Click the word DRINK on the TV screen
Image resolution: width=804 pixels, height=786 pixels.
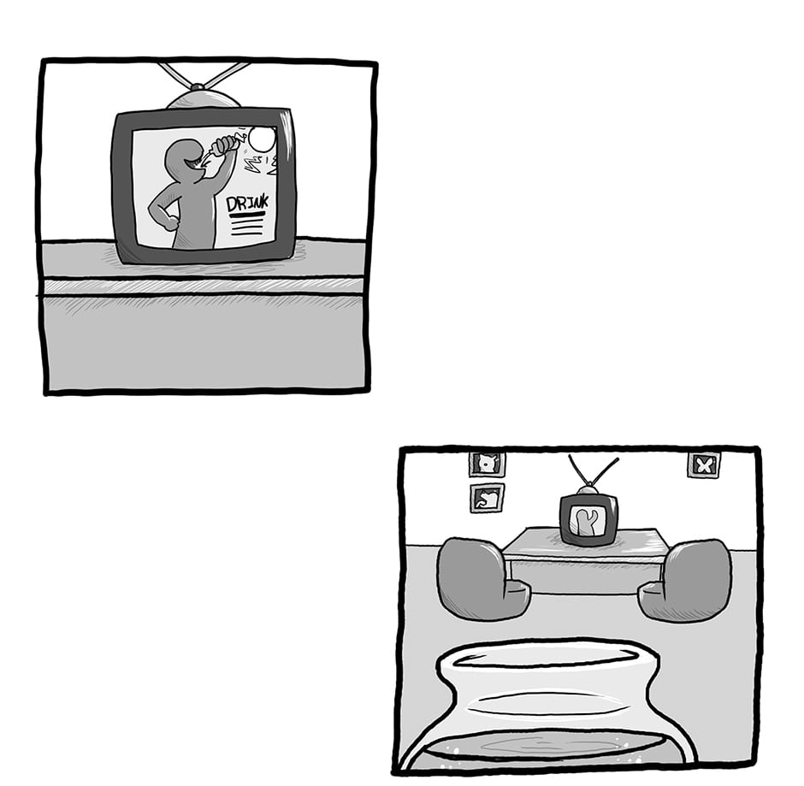pos(247,204)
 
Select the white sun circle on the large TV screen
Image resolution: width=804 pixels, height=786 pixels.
pos(262,139)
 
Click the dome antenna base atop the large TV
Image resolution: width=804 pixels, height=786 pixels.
pos(204,98)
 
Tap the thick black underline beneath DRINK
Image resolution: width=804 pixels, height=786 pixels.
pos(247,215)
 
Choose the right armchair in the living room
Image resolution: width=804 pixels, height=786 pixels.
pos(686,581)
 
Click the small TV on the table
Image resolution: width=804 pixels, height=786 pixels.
pos(588,519)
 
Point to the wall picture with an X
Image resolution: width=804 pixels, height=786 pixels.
pos(703,465)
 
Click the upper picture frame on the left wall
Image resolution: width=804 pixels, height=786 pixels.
pos(488,464)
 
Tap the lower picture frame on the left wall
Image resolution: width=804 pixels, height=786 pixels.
pos(487,498)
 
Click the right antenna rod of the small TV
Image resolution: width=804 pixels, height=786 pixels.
pos(605,471)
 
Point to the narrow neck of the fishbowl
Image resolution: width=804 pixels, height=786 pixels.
pos(547,702)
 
